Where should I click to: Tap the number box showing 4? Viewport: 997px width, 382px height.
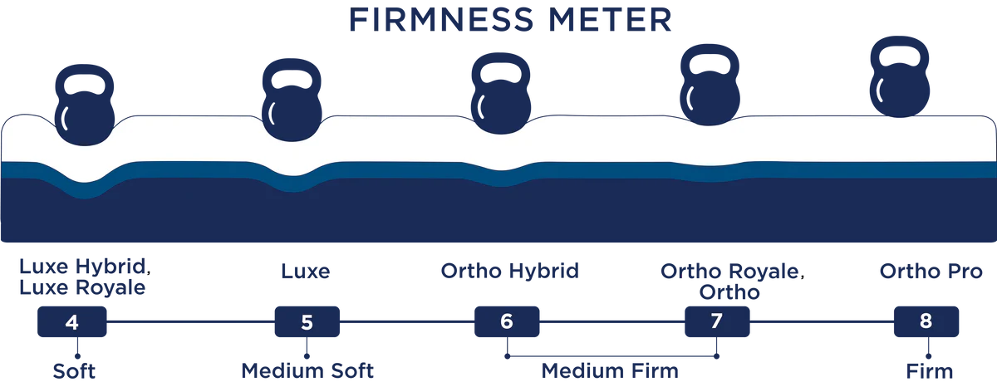[72, 321]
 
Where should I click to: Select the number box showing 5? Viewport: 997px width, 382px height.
[307, 321]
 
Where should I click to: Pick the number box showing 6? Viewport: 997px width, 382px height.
[507, 321]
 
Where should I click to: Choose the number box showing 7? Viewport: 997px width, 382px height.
[717, 321]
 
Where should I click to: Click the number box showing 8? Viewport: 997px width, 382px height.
[926, 321]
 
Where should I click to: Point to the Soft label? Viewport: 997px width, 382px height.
[74, 370]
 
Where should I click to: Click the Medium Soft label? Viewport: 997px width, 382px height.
[307, 370]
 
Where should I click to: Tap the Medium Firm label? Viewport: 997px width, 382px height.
[610, 370]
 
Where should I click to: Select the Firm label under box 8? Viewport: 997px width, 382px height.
[930, 370]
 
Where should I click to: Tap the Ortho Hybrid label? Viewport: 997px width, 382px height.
[508, 271]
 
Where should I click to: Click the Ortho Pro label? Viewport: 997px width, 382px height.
[930, 271]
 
